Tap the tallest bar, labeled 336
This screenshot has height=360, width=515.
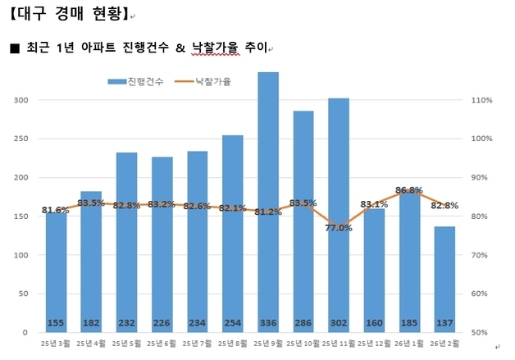click(x=268, y=197)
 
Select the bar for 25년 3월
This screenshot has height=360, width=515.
click(x=56, y=271)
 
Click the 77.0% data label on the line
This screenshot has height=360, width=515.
click(x=339, y=228)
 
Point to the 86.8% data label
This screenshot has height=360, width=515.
click(x=408, y=190)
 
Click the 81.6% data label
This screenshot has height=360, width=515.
click(x=56, y=210)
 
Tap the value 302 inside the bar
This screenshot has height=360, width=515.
click(x=339, y=322)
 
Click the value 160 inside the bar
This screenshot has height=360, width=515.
click(x=374, y=322)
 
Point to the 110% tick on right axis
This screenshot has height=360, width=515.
click(x=481, y=100)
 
